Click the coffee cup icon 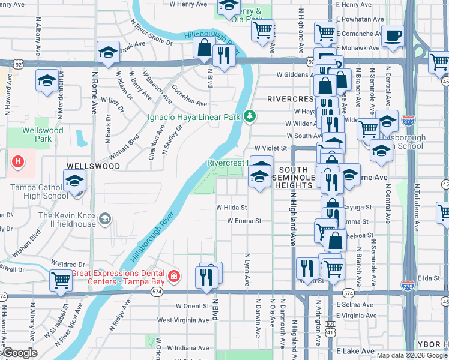coord(394,35)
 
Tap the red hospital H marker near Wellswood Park coord(18,161)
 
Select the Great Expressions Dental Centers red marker coord(173,276)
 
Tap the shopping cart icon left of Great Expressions coord(61,280)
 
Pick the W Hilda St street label coord(232,208)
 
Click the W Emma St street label coord(244,221)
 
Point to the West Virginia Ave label coord(184,320)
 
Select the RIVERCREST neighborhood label coord(291,98)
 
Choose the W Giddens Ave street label coord(292,75)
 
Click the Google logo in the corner coord(20,353)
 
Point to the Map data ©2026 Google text coord(412,355)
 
